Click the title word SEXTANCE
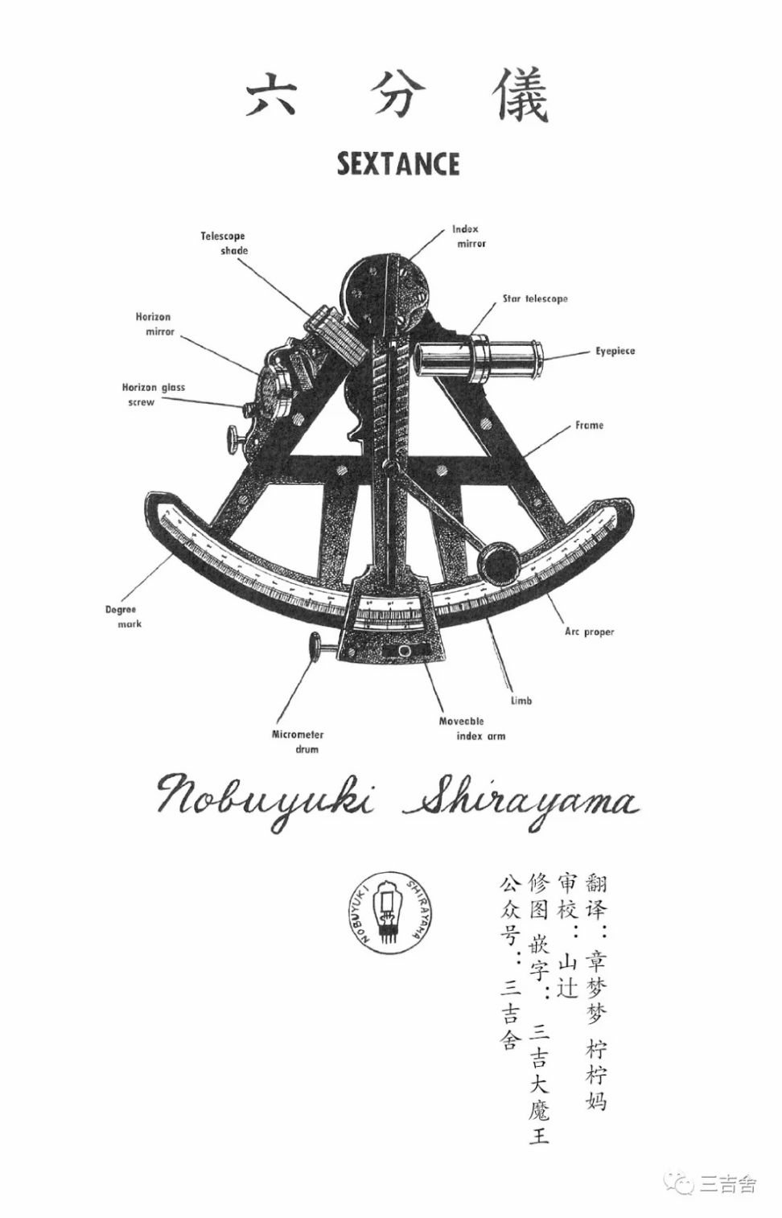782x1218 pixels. (398, 164)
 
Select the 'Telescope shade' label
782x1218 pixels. (224, 243)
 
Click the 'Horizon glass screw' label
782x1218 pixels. (153, 394)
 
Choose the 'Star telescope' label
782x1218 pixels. (535, 298)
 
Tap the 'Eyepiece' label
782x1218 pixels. (615, 352)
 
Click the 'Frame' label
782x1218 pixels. (589, 425)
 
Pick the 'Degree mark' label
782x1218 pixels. (121, 616)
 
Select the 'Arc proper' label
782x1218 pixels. (589, 632)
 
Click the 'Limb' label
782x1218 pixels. (521, 701)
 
